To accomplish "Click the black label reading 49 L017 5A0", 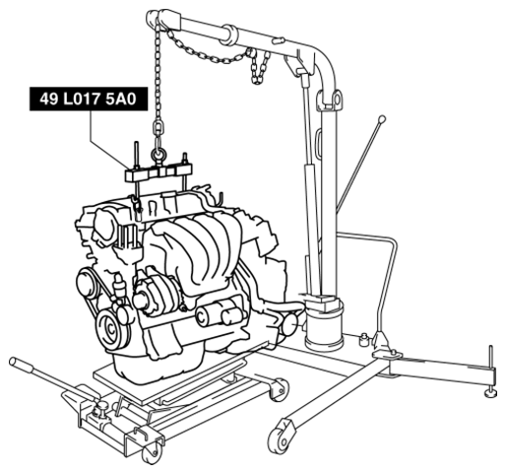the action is (89, 99).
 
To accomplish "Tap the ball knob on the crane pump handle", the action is (382, 119).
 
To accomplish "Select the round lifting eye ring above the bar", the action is (158, 155).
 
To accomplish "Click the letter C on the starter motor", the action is (202, 317).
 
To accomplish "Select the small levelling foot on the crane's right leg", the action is (491, 392).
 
